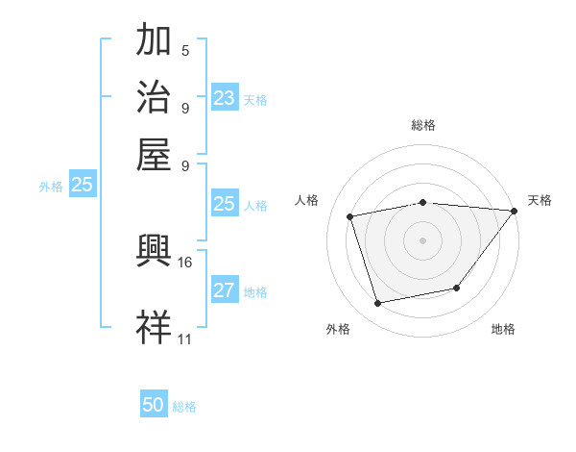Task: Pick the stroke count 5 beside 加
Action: [185, 51]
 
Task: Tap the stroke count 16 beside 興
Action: [185, 262]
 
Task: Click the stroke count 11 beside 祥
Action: [185, 339]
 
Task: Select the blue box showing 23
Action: [224, 98]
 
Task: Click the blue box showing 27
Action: [224, 290]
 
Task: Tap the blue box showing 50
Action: [154, 405]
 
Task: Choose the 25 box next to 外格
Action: [82, 186]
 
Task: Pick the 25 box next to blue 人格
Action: [224, 204]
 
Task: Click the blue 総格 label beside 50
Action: [184, 407]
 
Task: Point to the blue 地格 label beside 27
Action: [255, 292]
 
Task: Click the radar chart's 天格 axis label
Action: [540, 200]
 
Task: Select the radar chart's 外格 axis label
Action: [338, 329]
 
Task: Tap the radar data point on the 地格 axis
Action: [457, 288]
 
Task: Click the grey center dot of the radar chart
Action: [422, 239]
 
